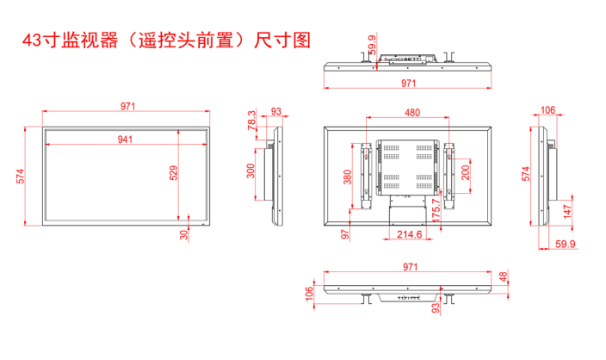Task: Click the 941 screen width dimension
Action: click(127, 138)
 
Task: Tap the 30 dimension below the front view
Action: click(183, 234)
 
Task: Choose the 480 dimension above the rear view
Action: click(411, 112)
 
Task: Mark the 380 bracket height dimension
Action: click(347, 177)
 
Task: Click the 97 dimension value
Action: click(344, 233)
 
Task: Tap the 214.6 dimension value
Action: click(410, 234)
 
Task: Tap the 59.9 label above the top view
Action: click(371, 43)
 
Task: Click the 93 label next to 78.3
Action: click(275, 111)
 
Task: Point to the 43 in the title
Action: click(32, 40)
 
